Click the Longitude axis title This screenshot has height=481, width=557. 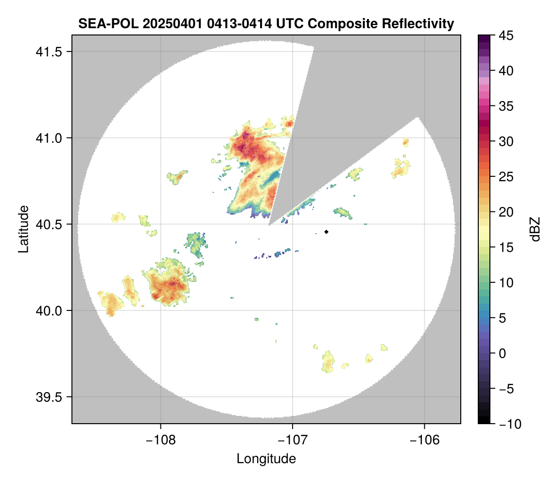(x=266, y=458)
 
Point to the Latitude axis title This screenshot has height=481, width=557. (x=23, y=229)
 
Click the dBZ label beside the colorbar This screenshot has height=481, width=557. (x=535, y=229)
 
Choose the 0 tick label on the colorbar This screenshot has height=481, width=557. (x=502, y=353)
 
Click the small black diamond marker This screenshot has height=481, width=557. (x=327, y=232)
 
